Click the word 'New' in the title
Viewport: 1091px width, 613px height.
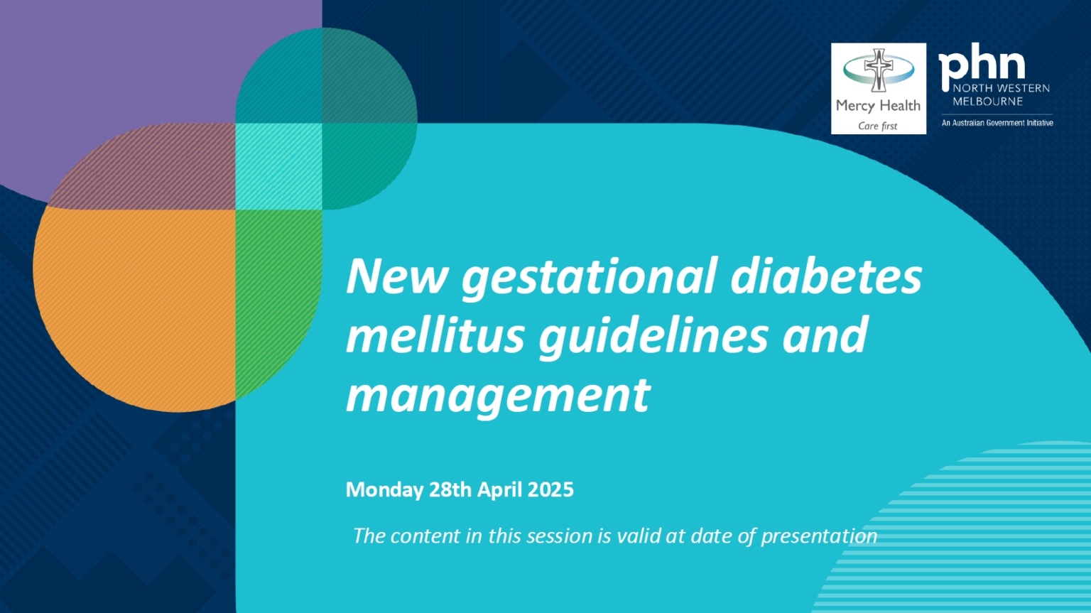coord(396,276)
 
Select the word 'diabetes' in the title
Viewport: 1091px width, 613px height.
coord(826,276)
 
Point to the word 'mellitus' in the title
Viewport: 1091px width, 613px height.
coord(435,335)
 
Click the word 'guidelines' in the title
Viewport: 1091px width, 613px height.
coord(653,336)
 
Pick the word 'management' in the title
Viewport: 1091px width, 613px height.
coord(497,396)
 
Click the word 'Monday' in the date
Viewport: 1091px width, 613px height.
coord(384,490)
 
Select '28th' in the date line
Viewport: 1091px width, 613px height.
coord(450,490)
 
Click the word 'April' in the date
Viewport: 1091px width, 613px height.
coord(499,490)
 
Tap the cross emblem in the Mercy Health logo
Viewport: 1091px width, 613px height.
coord(879,70)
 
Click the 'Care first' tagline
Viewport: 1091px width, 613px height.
coord(877,126)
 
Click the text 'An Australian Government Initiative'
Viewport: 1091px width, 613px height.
coord(997,123)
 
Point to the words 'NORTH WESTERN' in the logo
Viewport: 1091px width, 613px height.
coord(1001,88)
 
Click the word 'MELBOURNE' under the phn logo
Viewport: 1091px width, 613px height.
coord(987,102)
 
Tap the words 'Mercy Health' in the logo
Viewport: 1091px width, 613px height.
coord(878,106)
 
